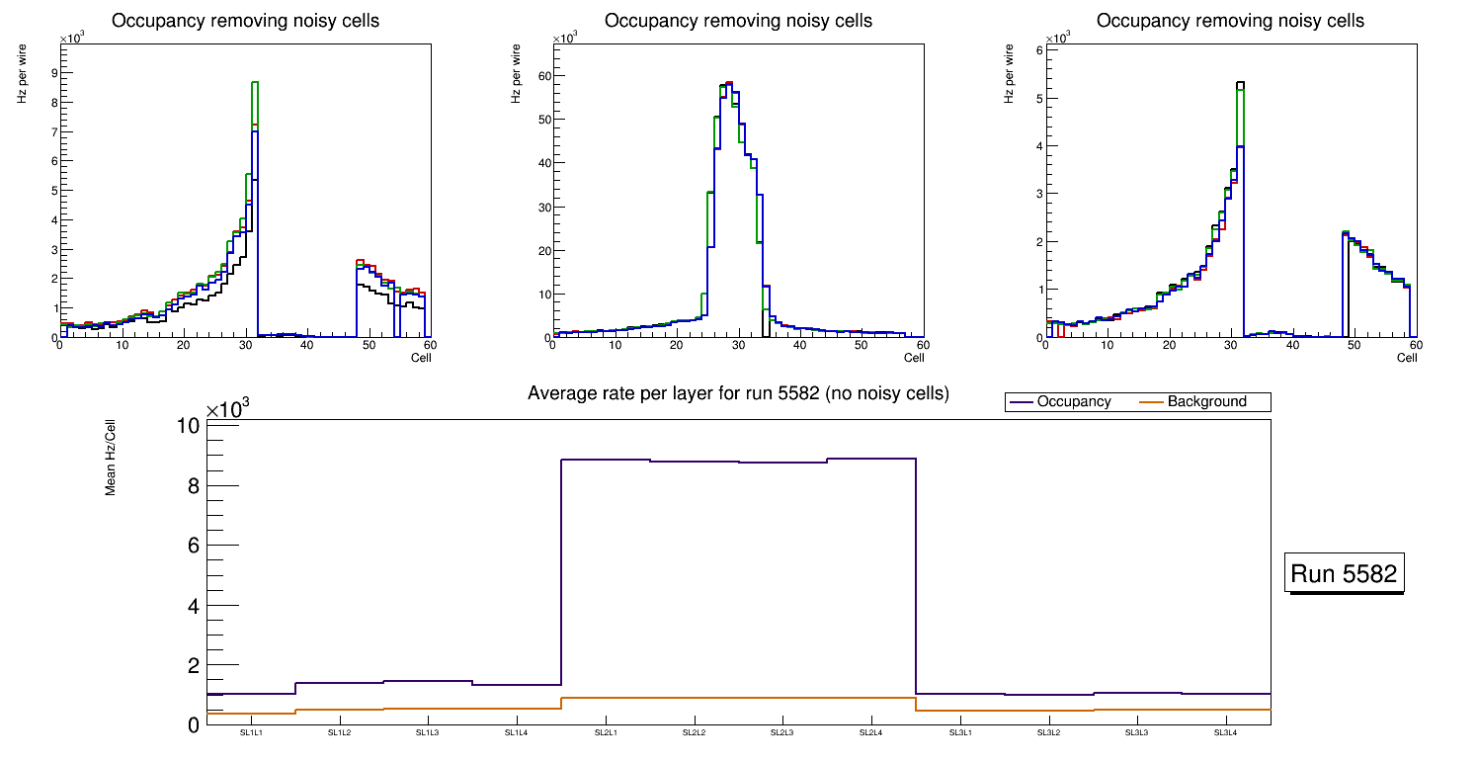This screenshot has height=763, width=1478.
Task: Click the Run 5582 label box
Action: tap(1344, 573)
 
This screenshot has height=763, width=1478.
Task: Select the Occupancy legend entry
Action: tap(1073, 402)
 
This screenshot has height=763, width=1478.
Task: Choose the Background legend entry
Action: tap(1206, 402)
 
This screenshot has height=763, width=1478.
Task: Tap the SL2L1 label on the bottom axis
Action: tap(606, 733)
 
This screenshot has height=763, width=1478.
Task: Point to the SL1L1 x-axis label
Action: tap(251, 733)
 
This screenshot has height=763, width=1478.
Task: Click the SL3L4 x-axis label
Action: tap(1225, 733)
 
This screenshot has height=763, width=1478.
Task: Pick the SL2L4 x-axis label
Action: tap(871, 733)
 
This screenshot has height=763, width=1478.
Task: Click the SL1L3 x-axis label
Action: tap(428, 733)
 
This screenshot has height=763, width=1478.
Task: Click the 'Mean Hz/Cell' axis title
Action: tap(112, 457)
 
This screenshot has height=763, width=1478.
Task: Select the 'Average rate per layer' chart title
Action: tap(738, 393)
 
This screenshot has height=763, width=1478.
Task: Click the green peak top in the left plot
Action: tap(254, 82)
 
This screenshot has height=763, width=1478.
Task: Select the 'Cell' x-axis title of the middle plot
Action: tap(914, 358)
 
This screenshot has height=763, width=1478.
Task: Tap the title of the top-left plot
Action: tap(245, 21)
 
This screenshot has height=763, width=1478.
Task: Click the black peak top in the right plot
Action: tap(1241, 82)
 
